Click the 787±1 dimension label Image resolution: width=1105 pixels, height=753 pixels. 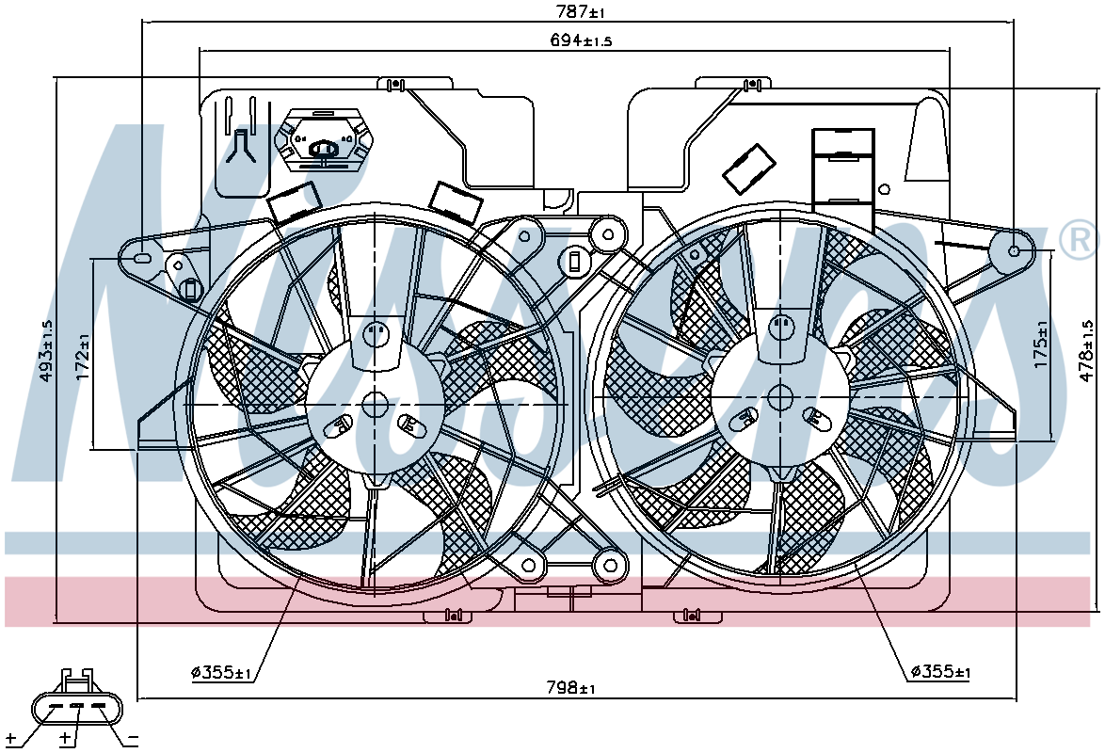tap(581, 12)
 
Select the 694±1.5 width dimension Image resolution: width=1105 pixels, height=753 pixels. tap(581, 40)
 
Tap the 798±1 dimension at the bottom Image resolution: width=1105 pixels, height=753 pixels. tap(570, 687)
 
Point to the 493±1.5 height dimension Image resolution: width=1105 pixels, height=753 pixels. tap(46, 350)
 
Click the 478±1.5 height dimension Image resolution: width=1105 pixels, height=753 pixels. tap(1088, 351)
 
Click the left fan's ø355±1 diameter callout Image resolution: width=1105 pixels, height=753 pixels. tap(221, 673)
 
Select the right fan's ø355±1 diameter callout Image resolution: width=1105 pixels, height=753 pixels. tap(941, 672)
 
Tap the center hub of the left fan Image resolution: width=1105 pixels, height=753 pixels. tap(376, 405)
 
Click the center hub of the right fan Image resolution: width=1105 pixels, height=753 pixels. tap(780, 398)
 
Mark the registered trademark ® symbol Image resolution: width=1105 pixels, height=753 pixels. tap(1079, 239)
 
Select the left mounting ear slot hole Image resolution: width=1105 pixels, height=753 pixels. tap(141, 258)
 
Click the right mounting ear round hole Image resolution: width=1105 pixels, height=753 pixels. tap(1014, 251)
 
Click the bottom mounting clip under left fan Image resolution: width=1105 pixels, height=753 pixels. tap(448, 616)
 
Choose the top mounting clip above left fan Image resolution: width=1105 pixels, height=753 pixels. tap(395, 84)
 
